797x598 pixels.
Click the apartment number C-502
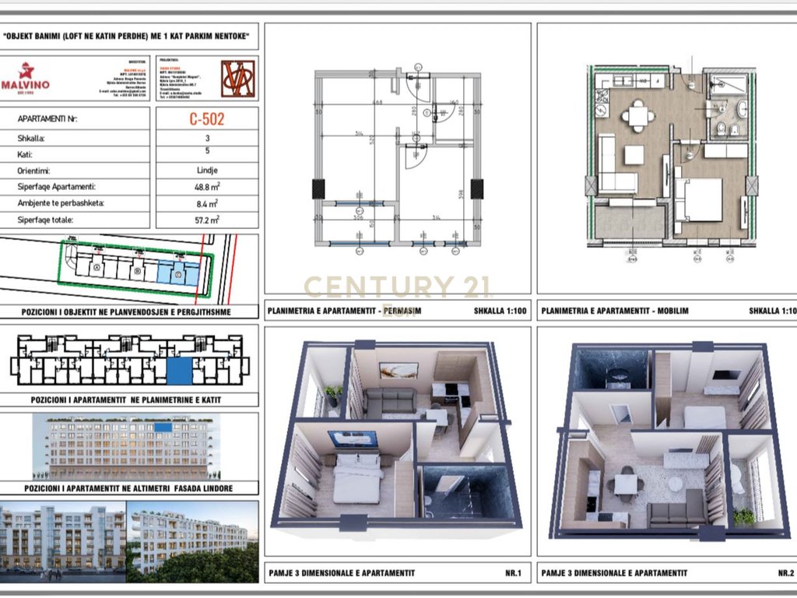coord(206,120)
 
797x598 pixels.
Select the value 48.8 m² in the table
coord(206,187)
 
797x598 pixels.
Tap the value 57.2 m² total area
coord(206,220)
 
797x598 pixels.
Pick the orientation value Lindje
coord(206,171)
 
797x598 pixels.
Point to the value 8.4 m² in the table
coord(206,203)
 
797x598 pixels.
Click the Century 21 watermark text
coord(397,287)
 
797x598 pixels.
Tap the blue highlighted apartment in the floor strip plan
coord(180,370)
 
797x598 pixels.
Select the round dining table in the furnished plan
coord(638,116)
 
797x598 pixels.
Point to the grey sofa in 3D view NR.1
coord(390,403)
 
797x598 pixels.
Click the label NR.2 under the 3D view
coord(785,573)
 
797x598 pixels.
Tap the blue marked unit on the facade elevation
coord(163,427)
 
